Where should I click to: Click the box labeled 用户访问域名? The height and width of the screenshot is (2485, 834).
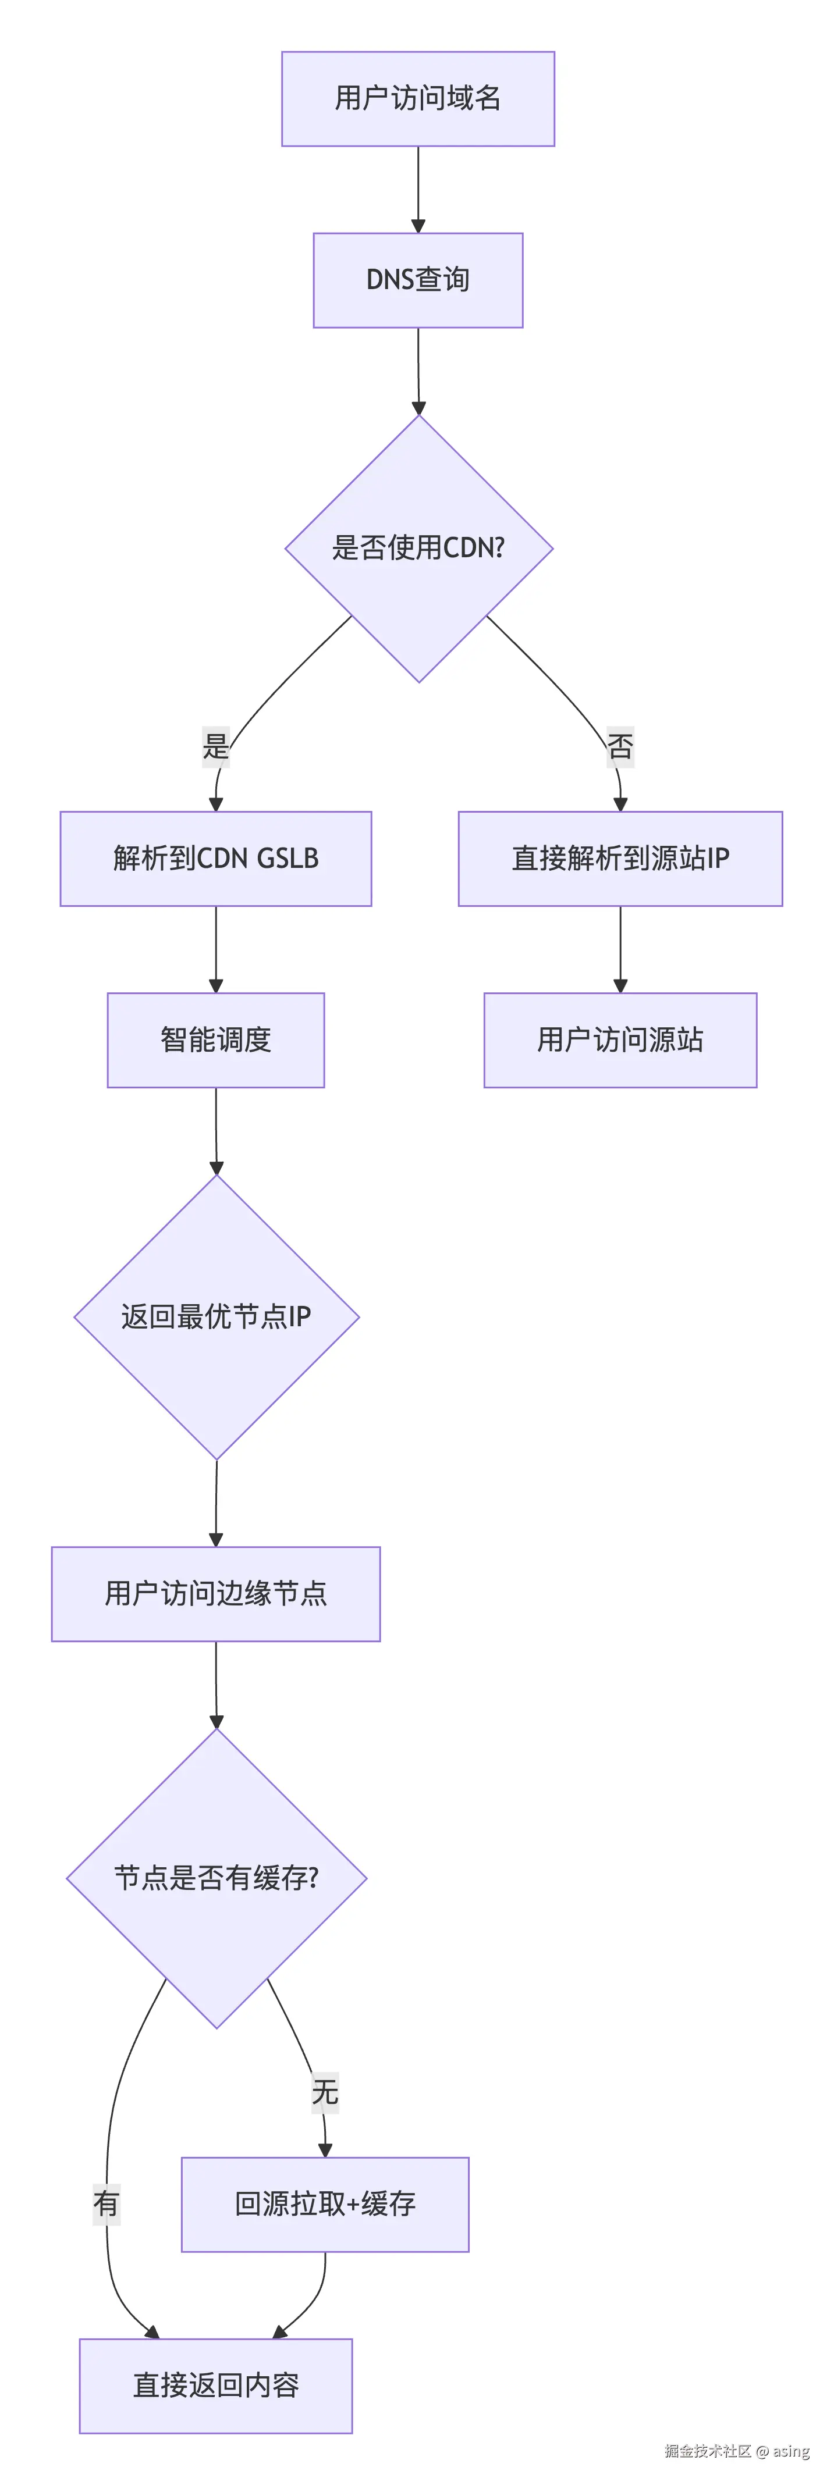click(418, 98)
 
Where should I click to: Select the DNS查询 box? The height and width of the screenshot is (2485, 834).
click(418, 280)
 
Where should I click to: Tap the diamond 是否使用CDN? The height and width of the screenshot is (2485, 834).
click(418, 548)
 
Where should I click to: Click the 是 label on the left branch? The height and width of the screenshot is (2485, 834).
click(215, 746)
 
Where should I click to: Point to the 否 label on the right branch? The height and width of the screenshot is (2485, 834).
click(620, 746)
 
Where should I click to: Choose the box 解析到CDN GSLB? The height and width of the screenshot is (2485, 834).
click(215, 859)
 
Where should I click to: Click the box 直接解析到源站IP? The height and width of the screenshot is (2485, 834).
click(620, 859)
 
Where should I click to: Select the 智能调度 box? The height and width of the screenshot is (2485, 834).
click(215, 1040)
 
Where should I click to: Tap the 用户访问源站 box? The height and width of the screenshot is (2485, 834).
click(620, 1040)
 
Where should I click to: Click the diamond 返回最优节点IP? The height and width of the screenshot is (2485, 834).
click(217, 1317)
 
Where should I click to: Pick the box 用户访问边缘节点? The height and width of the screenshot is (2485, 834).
click(215, 1594)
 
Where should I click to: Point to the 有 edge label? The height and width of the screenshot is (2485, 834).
click(106, 2203)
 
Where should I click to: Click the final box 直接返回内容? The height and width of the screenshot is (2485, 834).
click(215, 2385)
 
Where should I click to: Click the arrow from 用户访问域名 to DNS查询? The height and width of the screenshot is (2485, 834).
click(418, 189)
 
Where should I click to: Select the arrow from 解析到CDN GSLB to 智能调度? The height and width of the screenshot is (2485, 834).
click(215, 949)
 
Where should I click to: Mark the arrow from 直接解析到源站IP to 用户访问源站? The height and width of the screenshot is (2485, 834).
click(620, 949)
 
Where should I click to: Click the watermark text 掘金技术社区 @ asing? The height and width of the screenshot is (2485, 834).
click(736, 2450)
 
